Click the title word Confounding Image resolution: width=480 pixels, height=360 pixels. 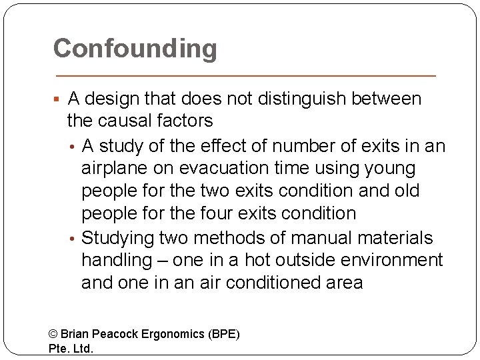point(135,48)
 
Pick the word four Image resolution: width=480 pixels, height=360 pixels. point(224,213)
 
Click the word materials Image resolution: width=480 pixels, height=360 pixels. point(395,237)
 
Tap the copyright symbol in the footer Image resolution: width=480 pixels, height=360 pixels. point(54,334)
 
